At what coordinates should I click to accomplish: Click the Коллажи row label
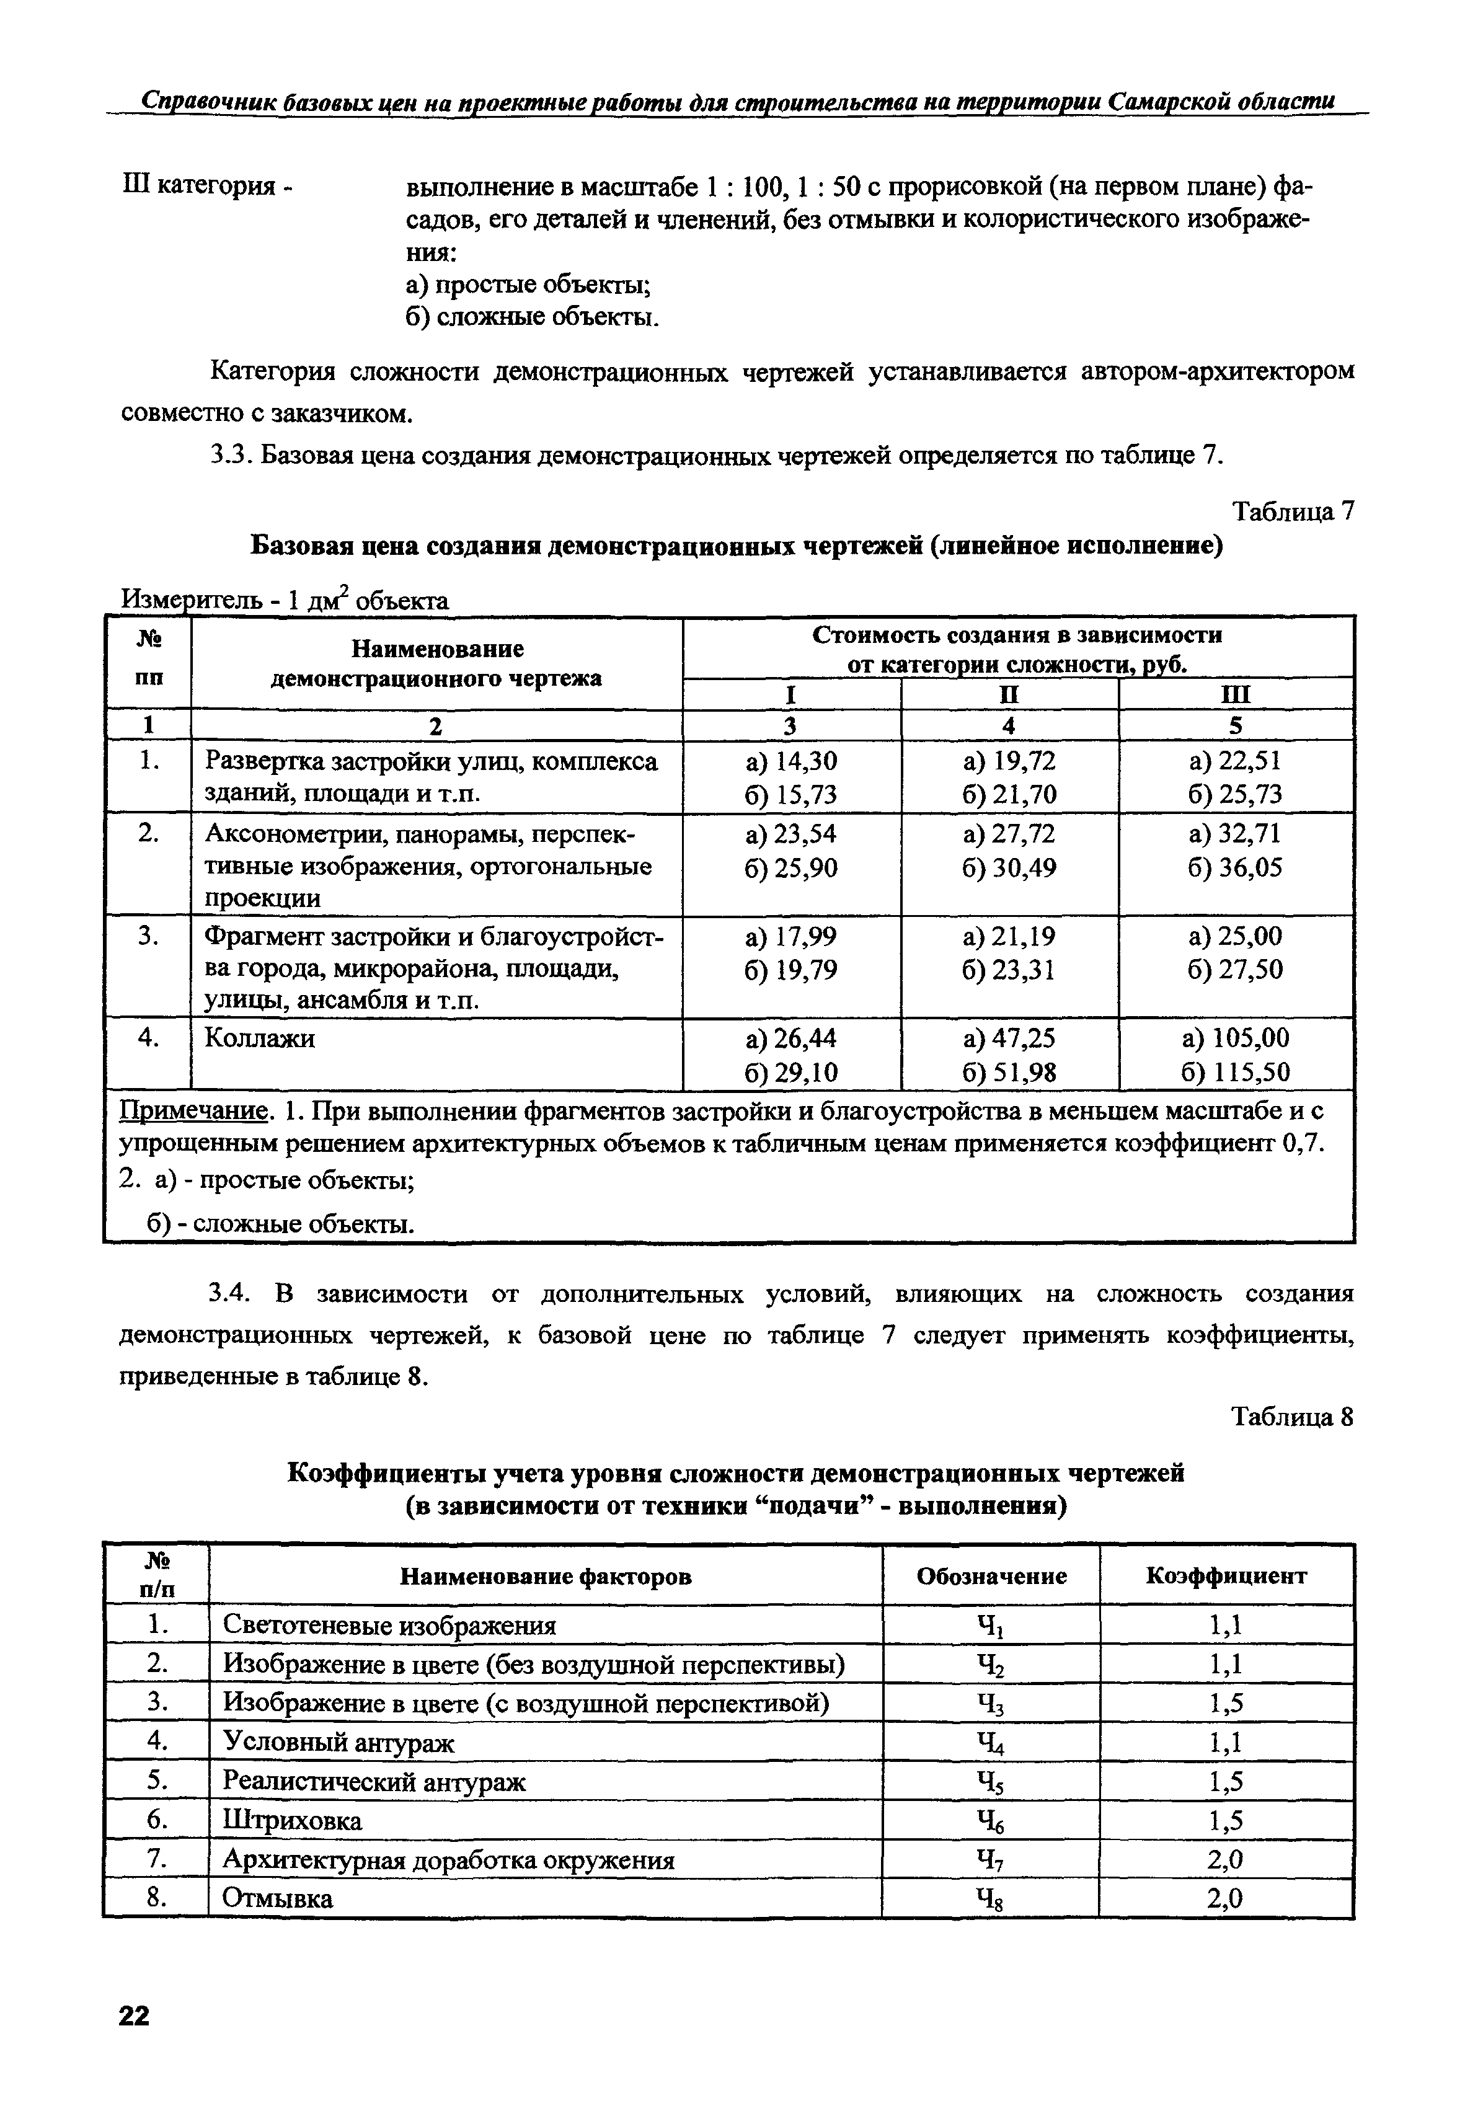point(260,1038)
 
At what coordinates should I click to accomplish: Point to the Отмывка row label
point(278,1899)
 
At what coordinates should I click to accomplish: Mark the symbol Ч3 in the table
point(991,1704)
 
